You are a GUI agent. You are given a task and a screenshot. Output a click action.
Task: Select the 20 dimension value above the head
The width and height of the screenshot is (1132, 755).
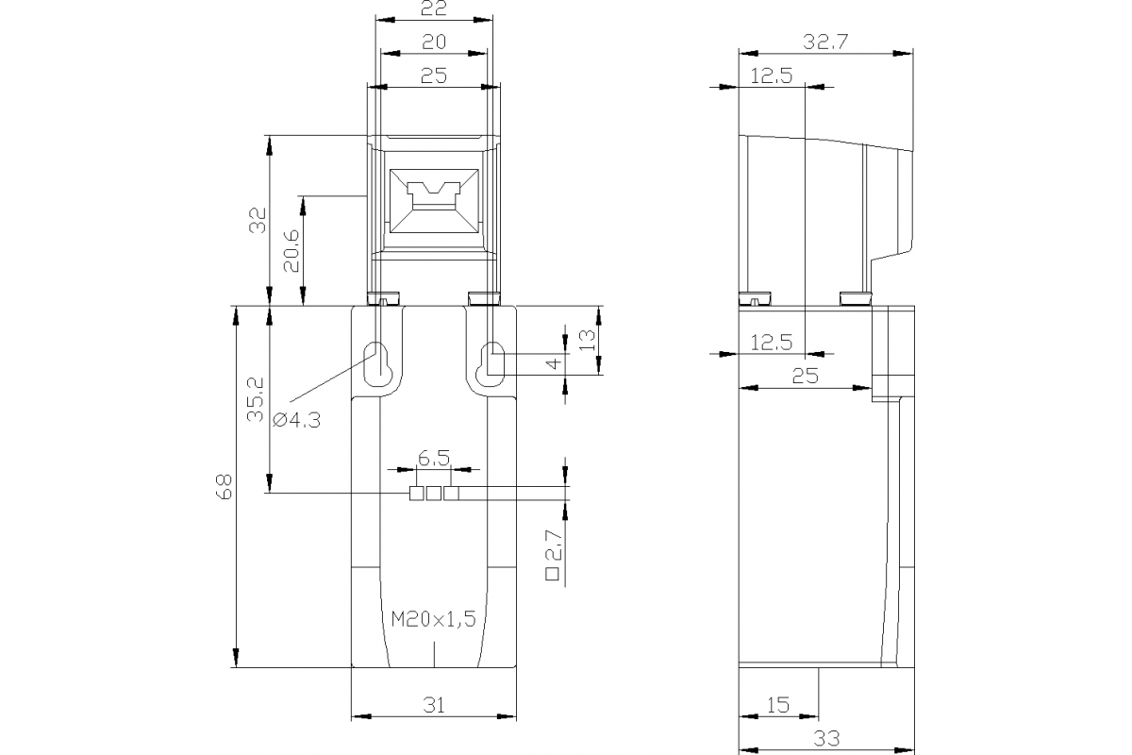pos(433,42)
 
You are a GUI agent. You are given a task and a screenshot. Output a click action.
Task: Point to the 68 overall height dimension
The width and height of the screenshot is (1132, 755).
pos(224,486)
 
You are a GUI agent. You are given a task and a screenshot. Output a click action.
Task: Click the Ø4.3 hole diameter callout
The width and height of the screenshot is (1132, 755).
pos(295,420)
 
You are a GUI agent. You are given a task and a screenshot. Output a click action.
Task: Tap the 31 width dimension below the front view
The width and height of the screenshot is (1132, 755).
pos(433,704)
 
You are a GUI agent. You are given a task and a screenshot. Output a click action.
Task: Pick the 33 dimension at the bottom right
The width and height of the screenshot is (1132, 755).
pos(825,737)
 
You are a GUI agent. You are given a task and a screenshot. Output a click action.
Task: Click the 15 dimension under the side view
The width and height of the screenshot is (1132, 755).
pos(778,704)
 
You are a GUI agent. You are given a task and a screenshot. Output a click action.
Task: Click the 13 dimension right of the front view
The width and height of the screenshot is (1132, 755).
pos(587,340)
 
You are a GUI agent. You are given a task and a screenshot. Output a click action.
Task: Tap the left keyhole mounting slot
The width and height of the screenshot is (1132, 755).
pos(376,362)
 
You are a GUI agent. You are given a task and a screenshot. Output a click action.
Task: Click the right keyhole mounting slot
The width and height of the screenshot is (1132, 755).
pos(491,362)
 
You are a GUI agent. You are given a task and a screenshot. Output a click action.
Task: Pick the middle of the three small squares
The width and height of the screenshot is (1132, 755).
pos(433,493)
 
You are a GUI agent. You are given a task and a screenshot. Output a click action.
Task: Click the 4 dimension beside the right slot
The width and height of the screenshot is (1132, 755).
pos(554,362)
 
